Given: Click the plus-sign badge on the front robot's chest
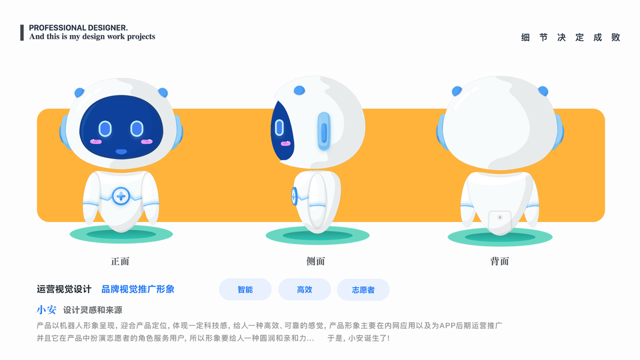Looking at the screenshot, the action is (x=121, y=196).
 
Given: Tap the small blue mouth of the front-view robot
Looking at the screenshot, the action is (x=121, y=151).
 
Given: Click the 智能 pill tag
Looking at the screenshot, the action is (x=245, y=290).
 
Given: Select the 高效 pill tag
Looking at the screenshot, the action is (x=305, y=290).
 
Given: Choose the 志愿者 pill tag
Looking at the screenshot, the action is (x=363, y=290).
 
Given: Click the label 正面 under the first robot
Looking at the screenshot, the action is (x=120, y=262).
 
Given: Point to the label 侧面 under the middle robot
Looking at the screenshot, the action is (x=316, y=262).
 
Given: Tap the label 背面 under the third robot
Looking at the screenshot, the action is (x=500, y=262).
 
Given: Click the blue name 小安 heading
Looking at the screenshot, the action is (x=46, y=310).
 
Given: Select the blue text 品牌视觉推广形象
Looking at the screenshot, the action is (x=138, y=289).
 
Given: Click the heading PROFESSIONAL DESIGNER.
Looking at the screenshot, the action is (x=78, y=28).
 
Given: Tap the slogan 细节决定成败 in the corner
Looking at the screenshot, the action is (x=570, y=37).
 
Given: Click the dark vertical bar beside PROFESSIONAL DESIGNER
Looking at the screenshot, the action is (x=22, y=32).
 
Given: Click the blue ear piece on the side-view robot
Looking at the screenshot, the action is (x=324, y=131).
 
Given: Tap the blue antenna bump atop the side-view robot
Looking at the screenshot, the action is (x=299, y=91).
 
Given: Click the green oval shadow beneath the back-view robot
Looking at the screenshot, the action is (x=500, y=238).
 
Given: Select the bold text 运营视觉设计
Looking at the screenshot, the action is (x=64, y=289).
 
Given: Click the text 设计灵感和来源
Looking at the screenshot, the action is (x=92, y=310).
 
